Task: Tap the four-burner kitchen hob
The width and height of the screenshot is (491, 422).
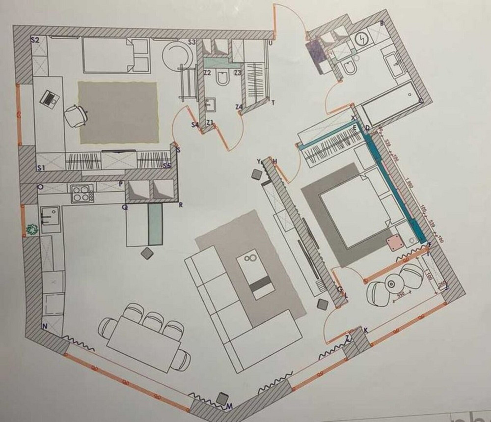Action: tap(82, 193)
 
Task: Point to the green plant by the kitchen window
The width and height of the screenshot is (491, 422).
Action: tap(33, 228)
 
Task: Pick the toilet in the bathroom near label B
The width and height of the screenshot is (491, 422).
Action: tap(350, 69)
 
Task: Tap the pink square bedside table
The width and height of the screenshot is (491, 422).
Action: tap(394, 244)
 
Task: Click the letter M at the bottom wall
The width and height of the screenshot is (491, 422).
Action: tap(229, 406)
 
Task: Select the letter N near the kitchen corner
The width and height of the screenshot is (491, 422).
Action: tap(44, 326)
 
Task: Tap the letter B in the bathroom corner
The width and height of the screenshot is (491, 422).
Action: tap(382, 24)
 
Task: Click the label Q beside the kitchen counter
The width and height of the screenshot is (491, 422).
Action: tap(125, 207)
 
